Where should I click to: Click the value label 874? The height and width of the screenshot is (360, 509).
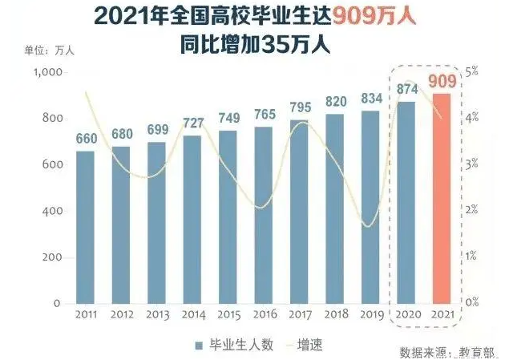click(x=406, y=88)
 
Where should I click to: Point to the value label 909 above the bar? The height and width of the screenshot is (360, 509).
click(x=442, y=81)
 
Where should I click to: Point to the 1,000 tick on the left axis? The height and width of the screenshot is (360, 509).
click(x=47, y=72)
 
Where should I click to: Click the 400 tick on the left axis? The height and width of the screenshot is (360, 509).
click(x=52, y=212)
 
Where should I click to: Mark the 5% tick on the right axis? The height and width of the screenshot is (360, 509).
click(x=474, y=71)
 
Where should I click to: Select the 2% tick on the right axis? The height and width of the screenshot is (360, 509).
click(x=474, y=209)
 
